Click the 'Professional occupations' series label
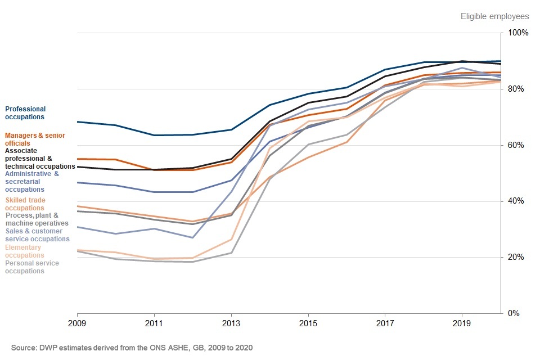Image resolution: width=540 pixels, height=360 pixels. (x=25, y=113)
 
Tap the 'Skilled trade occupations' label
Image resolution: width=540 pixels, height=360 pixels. (x=25, y=204)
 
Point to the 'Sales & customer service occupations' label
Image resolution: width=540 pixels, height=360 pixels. (x=37, y=235)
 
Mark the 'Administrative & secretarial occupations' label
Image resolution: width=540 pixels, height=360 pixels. (x=31, y=182)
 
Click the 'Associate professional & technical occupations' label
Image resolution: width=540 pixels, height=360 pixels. (x=39, y=159)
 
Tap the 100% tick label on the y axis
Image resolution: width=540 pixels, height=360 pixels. (x=518, y=33)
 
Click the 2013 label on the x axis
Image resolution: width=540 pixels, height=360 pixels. (x=231, y=325)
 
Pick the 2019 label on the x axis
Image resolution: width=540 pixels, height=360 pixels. (x=461, y=325)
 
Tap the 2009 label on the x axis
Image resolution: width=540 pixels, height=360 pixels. (x=77, y=325)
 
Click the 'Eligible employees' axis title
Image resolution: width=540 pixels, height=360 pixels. (x=494, y=16)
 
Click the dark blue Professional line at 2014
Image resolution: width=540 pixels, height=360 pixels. (x=269, y=105)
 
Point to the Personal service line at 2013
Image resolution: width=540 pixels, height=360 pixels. (x=231, y=253)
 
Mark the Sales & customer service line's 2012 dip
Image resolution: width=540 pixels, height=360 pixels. (x=192, y=237)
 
